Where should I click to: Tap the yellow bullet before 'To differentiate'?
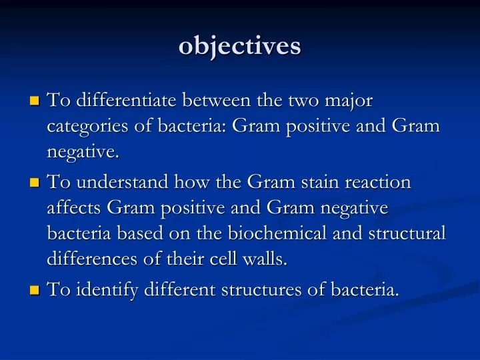coord(35,102)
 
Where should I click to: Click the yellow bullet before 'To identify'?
coord(35,290)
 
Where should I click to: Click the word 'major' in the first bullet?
coord(349,101)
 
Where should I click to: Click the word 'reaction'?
coord(382,181)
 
